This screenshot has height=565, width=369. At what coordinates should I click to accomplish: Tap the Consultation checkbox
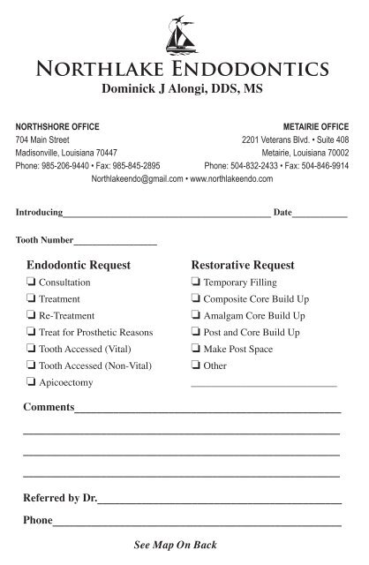[32, 282]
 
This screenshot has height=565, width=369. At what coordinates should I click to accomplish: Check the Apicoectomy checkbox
[32, 383]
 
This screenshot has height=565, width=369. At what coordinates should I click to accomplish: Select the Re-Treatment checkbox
[32, 316]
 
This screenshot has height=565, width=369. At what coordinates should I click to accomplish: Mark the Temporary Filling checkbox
[195, 282]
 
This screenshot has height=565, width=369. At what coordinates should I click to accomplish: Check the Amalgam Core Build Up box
[195, 316]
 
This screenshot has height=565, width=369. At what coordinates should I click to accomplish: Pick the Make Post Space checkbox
[195, 350]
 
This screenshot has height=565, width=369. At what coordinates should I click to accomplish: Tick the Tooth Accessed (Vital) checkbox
[32, 350]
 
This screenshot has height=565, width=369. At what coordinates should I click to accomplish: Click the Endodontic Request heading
[79, 265]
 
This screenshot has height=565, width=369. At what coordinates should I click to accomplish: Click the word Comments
[49, 408]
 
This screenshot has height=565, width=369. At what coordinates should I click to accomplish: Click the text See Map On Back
[175, 545]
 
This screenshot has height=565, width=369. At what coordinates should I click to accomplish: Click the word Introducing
[39, 214]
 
